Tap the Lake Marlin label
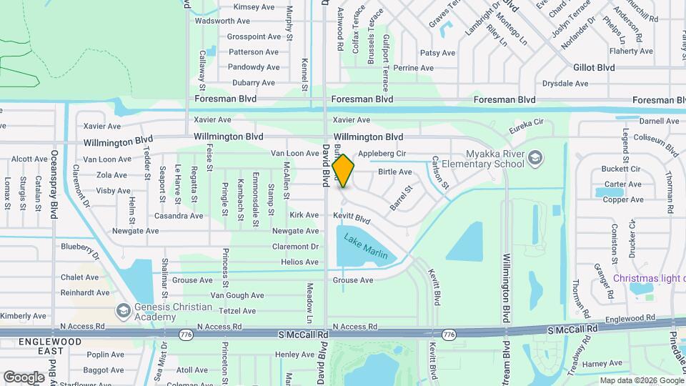tap(366, 246)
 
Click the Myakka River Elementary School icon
tap(534, 157)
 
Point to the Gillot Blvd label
tap(594, 67)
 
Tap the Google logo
tap(24, 377)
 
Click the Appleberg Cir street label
tap(382, 154)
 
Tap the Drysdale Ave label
tap(565, 84)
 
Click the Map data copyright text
tap(641, 380)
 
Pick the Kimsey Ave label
tap(254, 7)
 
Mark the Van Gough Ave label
tap(237, 295)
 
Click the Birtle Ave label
tap(395, 172)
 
